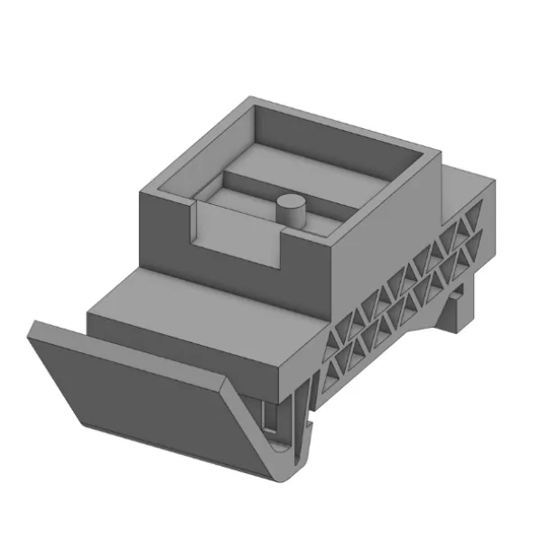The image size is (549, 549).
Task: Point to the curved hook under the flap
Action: click(x=287, y=456)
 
